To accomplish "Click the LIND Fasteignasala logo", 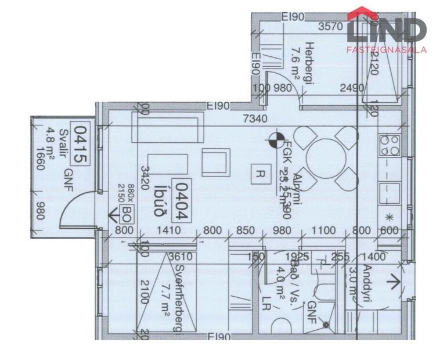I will click(387, 31).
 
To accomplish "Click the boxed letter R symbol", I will click(259, 172).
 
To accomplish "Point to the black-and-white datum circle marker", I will click(274, 139).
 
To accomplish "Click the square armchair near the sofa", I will click(216, 161).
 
